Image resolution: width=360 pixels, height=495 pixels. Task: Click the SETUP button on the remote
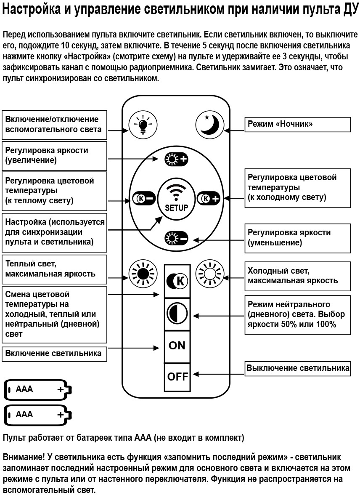click(176, 198)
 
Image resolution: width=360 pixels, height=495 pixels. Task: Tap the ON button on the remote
click(177, 346)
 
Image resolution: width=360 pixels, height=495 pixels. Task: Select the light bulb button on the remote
click(143, 125)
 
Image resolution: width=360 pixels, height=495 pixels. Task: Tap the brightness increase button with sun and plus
click(176, 159)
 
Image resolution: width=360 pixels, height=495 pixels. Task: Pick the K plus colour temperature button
click(209, 198)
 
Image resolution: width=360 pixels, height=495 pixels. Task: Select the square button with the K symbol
click(177, 280)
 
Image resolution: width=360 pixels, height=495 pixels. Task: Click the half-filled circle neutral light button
click(177, 314)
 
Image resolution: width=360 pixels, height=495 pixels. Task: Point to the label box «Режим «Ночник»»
click(298, 125)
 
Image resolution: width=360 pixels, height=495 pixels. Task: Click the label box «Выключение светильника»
click(298, 368)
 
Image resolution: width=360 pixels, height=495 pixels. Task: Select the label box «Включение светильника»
click(54, 354)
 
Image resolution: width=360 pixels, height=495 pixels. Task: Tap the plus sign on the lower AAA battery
click(61, 415)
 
